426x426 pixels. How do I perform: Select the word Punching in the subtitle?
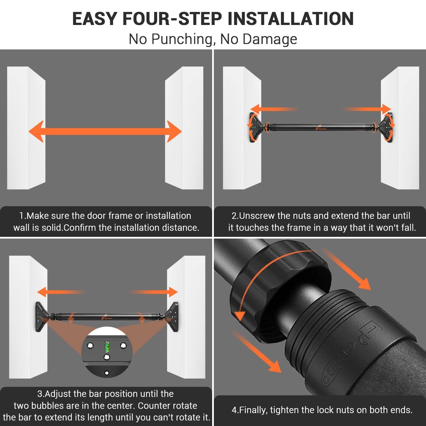[182, 39]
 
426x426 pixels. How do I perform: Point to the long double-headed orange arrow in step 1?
[105, 131]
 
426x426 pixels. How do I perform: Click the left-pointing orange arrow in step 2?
[274, 109]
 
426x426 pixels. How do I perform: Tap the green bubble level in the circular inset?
[107, 347]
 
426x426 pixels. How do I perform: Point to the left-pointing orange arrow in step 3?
[61, 292]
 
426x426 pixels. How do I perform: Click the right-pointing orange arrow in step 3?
[153, 292]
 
